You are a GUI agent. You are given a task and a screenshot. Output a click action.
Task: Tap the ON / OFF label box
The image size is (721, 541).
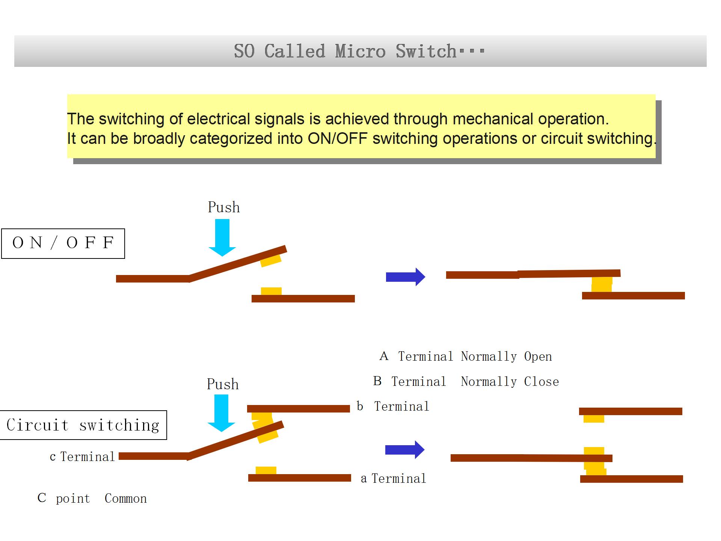pyautogui.click(x=63, y=243)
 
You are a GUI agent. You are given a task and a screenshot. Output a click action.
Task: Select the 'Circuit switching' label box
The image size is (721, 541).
pyautogui.click(x=83, y=425)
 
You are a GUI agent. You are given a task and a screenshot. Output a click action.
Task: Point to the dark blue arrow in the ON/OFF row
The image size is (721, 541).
pyautogui.click(x=405, y=277)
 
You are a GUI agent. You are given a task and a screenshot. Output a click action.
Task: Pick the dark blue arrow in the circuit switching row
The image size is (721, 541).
pyautogui.click(x=404, y=450)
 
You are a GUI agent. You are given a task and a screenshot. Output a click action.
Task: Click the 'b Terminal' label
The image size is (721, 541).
pyautogui.click(x=393, y=407)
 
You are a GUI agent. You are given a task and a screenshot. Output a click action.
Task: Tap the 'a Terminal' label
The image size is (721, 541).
pyautogui.click(x=393, y=479)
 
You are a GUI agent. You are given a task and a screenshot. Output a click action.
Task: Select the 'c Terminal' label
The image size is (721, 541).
pyautogui.click(x=82, y=457)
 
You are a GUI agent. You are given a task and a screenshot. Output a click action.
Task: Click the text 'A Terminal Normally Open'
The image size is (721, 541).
pyautogui.click(x=466, y=356)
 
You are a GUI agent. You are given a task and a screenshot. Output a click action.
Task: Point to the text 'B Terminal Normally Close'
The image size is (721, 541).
pyautogui.click(x=466, y=382)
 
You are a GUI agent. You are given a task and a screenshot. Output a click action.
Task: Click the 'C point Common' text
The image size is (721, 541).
pyautogui.click(x=92, y=498)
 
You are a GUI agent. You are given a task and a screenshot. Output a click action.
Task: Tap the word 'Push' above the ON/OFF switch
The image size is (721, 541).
pyautogui.click(x=224, y=207)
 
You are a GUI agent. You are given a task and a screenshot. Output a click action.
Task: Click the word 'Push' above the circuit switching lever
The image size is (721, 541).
pyautogui.click(x=223, y=384)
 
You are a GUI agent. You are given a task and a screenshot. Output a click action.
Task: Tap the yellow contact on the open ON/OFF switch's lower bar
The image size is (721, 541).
pyautogui.click(x=271, y=291)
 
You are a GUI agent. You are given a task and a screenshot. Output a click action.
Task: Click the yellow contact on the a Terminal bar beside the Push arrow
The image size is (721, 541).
pyautogui.click(x=266, y=470)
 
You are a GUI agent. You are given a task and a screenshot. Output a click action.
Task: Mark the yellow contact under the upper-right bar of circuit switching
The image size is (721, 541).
pyautogui.click(x=594, y=419)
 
